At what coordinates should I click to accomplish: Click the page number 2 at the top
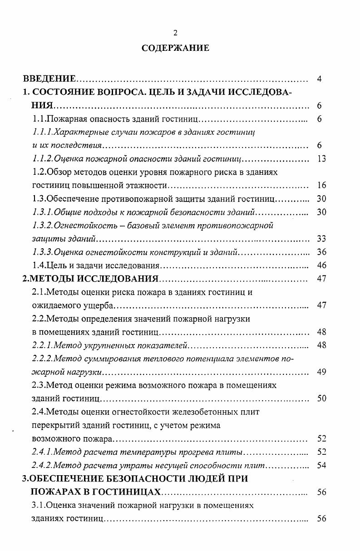tap(175, 32)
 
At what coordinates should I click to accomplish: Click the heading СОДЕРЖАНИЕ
tap(175, 48)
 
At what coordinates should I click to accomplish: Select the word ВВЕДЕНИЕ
tap(49, 79)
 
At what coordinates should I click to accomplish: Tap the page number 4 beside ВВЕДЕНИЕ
tap(319, 79)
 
